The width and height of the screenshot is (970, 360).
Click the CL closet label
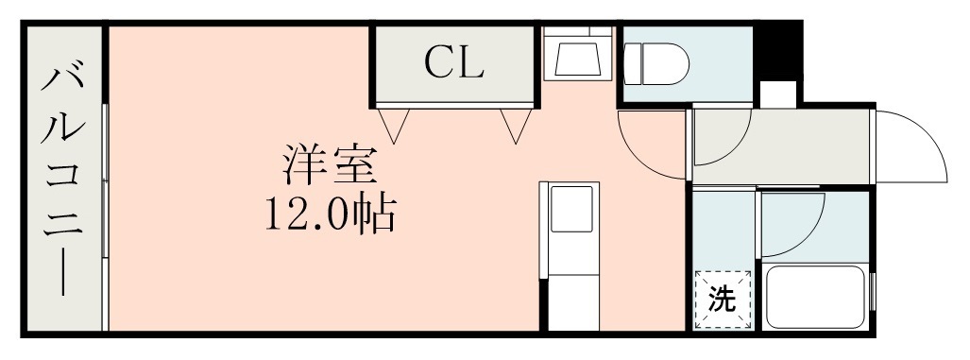453,63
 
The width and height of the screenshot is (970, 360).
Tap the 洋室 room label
330,166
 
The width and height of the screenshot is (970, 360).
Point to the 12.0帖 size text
330,215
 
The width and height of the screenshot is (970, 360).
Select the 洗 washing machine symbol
723,300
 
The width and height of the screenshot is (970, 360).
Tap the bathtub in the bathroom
816,297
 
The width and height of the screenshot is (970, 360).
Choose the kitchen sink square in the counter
570,208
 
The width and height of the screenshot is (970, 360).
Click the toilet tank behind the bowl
634,64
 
